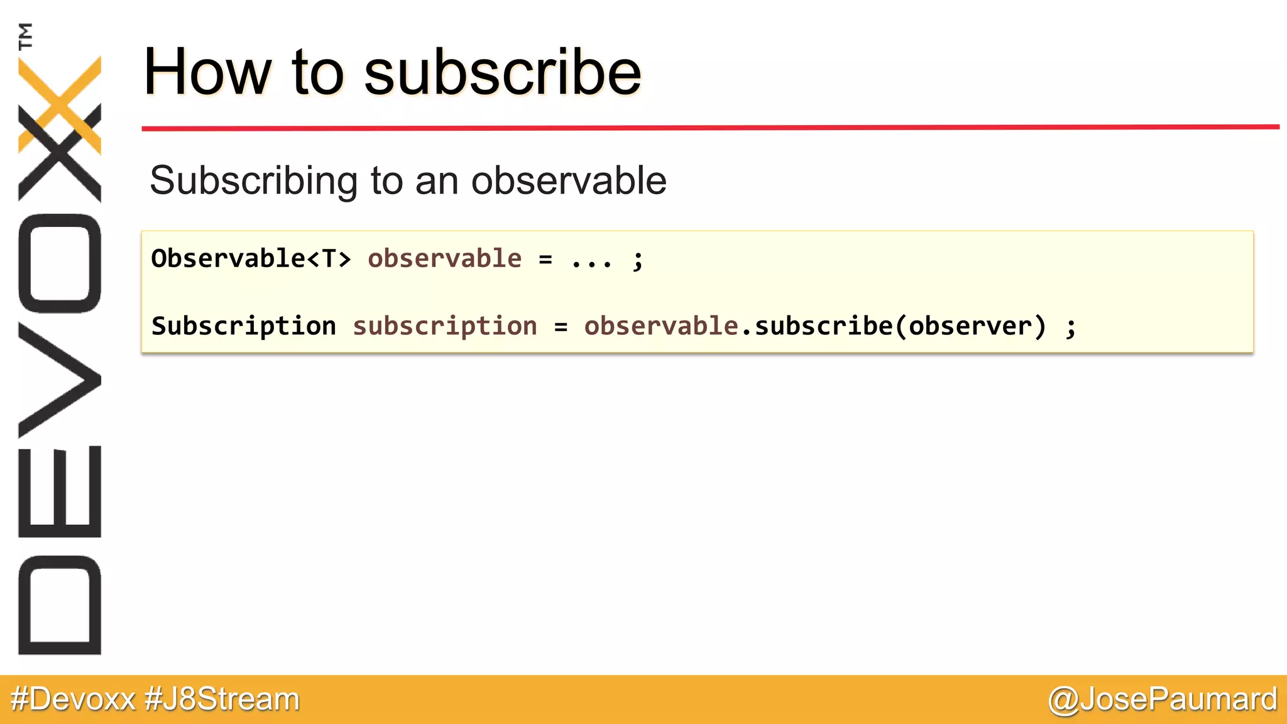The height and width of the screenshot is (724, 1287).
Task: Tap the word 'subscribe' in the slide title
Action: click(503, 73)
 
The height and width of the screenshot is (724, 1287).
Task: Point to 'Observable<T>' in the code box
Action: click(251, 258)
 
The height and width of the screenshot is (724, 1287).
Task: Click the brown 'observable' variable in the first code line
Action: click(444, 258)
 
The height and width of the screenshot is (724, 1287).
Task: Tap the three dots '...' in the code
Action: click(591, 260)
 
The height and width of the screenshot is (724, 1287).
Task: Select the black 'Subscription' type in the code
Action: click(244, 326)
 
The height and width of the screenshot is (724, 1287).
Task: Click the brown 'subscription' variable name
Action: click(445, 326)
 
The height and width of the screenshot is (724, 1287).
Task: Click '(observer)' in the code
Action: click(971, 326)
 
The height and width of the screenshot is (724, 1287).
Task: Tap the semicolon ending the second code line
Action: click(1071, 327)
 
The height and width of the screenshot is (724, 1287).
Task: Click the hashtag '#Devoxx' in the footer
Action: click(73, 699)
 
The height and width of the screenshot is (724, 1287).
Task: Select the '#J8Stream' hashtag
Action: click(222, 699)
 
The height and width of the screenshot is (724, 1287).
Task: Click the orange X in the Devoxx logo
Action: click(60, 104)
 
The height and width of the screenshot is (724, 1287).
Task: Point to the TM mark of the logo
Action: click(25, 36)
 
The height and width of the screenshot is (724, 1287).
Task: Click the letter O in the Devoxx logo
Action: click(60, 263)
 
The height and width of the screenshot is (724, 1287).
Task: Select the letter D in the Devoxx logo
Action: click(60, 605)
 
